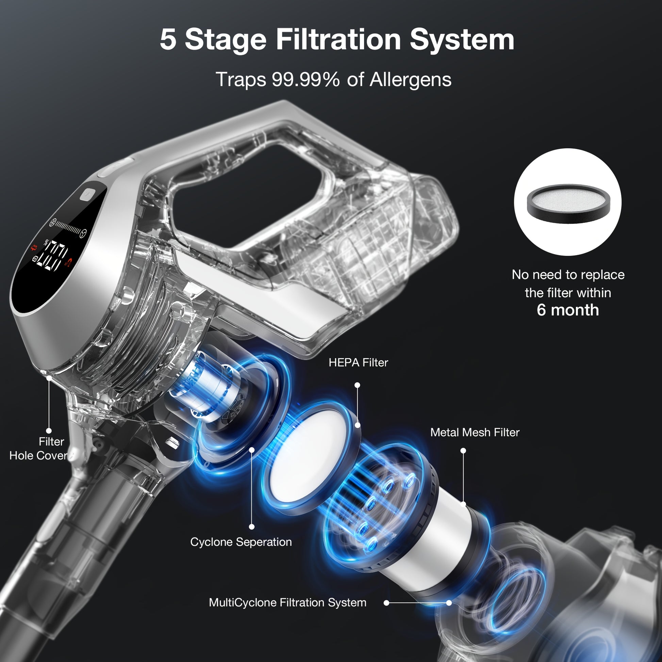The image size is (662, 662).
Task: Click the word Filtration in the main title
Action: [x=338, y=39]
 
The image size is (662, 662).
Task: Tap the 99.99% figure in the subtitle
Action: [x=305, y=80]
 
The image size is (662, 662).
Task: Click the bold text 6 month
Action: [x=568, y=310]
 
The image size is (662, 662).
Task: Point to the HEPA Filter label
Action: [x=359, y=363]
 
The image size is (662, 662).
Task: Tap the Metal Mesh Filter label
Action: [x=475, y=432]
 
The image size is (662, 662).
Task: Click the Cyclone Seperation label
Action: [x=241, y=542]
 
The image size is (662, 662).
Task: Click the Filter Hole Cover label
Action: [x=38, y=448]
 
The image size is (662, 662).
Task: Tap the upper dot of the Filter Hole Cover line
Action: [x=49, y=378]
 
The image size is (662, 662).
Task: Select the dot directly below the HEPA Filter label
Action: [x=358, y=385]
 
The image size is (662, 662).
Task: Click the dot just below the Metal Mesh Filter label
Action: [x=463, y=451]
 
